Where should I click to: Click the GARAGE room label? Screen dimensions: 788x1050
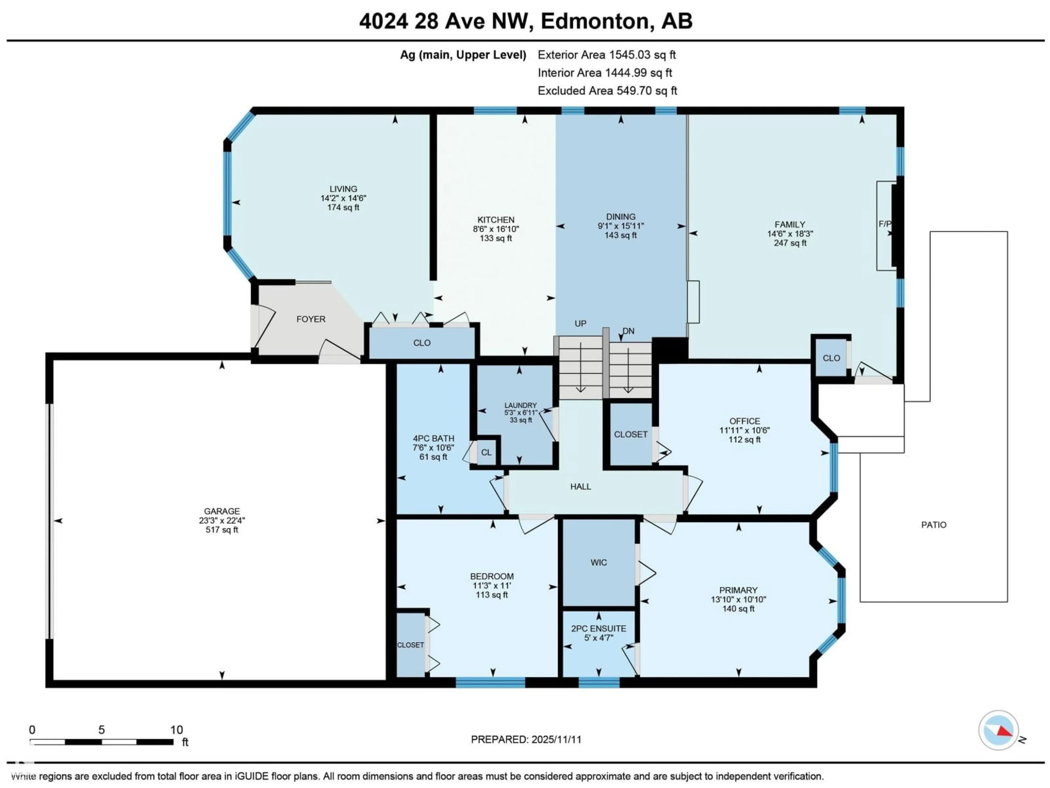pyautogui.click(x=222, y=511)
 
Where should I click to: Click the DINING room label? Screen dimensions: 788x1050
pyautogui.click(x=620, y=217)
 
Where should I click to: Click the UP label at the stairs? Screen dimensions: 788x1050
pyautogui.click(x=580, y=323)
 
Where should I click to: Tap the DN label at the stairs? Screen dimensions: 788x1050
pyautogui.click(x=628, y=331)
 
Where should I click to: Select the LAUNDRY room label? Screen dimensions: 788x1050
pyautogui.click(x=520, y=405)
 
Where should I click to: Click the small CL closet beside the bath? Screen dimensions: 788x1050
pyautogui.click(x=486, y=452)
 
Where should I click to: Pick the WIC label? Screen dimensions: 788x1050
pyautogui.click(x=599, y=562)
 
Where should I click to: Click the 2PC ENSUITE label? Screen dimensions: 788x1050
pyautogui.click(x=599, y=628)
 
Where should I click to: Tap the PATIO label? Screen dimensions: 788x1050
pyautogui.click(x=933, y=525)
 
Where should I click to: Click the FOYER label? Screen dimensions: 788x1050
pyautogui.click(x=311, y=319)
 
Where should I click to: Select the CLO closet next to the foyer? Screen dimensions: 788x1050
pyautogui.click(x=422, y=343)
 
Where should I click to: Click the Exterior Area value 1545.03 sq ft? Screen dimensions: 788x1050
pyautogui.click(x=642, y=55)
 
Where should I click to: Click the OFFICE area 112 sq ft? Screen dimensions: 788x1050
pyautogui.click(x=744, y=440)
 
